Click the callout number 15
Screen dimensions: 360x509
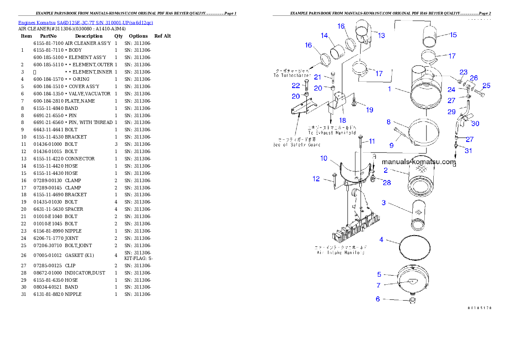[x=453, y=35]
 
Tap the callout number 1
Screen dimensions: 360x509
[x=390, y=89]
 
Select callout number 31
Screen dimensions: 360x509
[x=468, y=150]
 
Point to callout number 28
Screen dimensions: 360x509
[x=387, y=183]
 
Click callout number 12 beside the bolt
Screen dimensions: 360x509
[x=316, y=179]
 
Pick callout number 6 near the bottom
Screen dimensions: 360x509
[x=378, y=299]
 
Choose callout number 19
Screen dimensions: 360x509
[x=370, y=110]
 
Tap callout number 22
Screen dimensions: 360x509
[x=296, y=86]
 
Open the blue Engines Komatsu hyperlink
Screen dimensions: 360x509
[x=86, y=23]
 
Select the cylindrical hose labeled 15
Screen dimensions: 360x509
[x=433, y=35]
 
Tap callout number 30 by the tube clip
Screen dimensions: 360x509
[x=475, y=124]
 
